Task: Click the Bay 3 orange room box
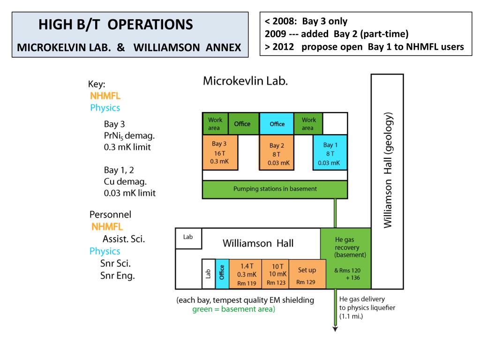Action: click(x=219, y=152)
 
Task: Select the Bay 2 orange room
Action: click(x=277, y=153)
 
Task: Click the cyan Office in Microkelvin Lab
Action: click(x=277, y=124)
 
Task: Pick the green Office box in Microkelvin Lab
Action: click(x=242, y=124)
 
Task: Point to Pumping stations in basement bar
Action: click(x=275, y=189)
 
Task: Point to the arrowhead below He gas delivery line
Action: click(x=335, y=329)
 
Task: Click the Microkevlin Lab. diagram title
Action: click(x=245, y=81)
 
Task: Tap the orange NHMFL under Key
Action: click(x=105, y=96)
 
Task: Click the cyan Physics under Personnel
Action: click(x=105, y=251)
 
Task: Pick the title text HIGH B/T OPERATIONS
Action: click(x=115, y=25)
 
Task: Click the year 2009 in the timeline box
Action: click(x=275, y=34)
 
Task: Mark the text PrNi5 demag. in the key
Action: click(x=129, y=136)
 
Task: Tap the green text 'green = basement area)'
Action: click(x=233, y=309)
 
